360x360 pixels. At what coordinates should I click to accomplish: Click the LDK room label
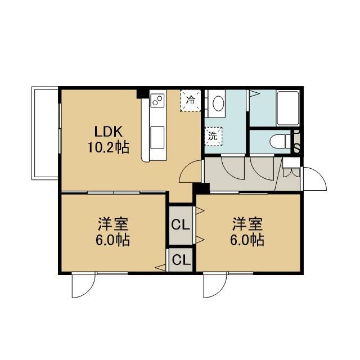tap(109, 132)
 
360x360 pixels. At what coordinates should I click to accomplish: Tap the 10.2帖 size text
tap(109, 147)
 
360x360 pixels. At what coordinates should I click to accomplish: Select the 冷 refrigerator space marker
tap(191, 100)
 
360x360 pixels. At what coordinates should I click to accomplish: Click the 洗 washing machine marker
tap(213, 136)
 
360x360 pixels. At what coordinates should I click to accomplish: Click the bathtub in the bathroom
tap(288, 108)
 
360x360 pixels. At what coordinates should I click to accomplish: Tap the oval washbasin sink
tap(218, 103)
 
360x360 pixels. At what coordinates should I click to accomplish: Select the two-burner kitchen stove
tap(157, 100)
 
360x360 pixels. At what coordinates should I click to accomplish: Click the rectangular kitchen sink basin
tap(157, 137)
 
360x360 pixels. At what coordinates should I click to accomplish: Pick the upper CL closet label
tap(181, 225)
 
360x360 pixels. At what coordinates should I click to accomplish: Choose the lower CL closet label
tap(181, 260)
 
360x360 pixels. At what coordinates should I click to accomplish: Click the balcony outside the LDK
tap(45, 133)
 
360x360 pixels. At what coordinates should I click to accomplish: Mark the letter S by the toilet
tap(296, 148)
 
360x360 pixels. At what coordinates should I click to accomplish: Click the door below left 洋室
tap(84, 285)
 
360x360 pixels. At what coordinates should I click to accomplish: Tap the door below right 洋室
tap(215, 285)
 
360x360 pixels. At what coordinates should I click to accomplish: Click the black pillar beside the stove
tap(143, 94)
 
